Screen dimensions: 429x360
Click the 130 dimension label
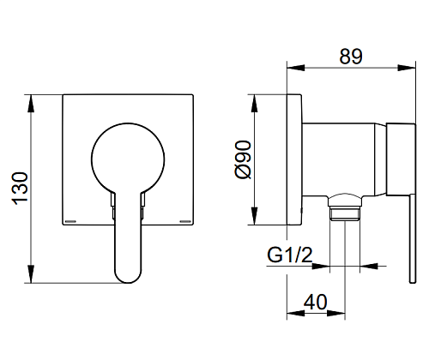20,189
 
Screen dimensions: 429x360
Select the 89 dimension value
351,57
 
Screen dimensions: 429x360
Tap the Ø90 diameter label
243,159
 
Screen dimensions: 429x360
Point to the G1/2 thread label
290,255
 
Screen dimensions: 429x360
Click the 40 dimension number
315,302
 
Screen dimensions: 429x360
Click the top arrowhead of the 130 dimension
31,104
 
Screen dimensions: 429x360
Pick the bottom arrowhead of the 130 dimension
31,274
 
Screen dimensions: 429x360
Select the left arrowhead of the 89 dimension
296,68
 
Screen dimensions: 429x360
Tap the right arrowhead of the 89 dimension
407,68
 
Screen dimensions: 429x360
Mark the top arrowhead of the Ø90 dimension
254,104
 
